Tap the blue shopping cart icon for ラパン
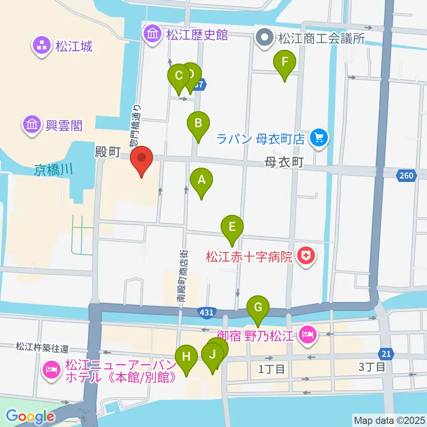(x=319, y=138)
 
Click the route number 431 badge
(x=206, y=313)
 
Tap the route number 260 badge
(x=406, y=176)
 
